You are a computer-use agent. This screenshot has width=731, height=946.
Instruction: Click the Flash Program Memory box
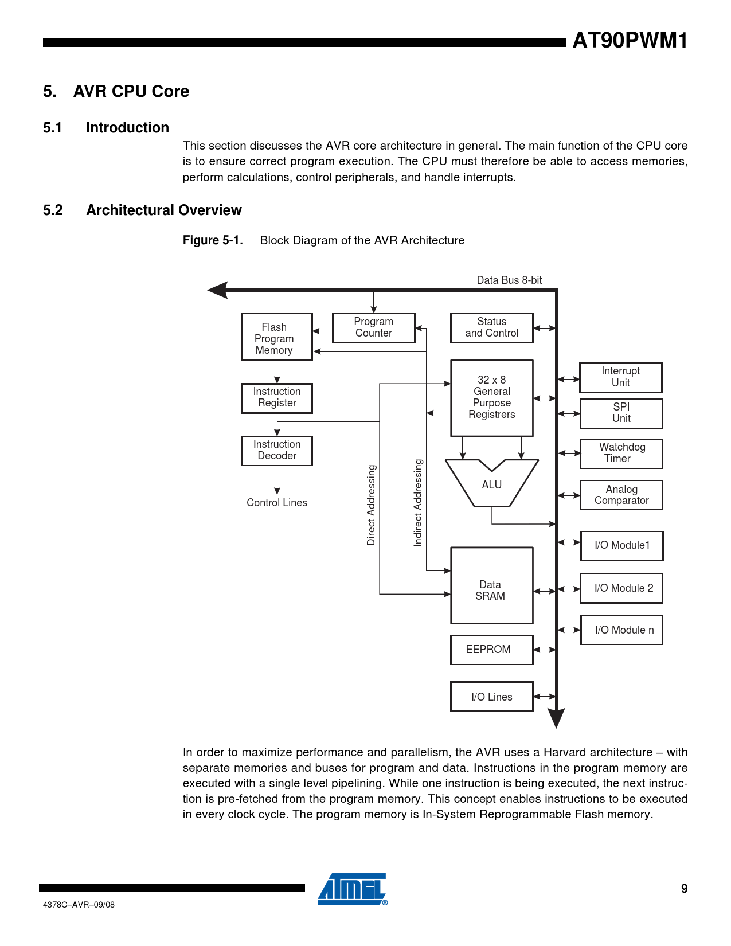pyautogui.click(x=277, y=337)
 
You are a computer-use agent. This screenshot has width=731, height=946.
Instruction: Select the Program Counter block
pyautogui.click(x=373, y=328)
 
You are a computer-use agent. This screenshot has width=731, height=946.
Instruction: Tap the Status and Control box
pyautogui.click(x=491, y=328)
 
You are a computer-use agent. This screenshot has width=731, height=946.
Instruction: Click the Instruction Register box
pyautogui.click(x=277, y=398)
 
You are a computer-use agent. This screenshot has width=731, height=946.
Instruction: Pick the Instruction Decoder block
pyautogui.click(x=277, y=451)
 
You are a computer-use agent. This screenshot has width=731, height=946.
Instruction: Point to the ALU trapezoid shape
pyautogui.click(x=492, y=484)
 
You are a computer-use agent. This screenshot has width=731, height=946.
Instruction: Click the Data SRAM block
pyautogui.click(x=491, y=585)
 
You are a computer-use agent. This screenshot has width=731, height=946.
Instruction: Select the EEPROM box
pyautogui.click(x=491, y=650)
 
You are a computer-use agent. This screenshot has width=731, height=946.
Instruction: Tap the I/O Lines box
pyautogui.click(x=491, y=697)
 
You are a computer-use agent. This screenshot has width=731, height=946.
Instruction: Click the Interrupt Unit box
pyautogui.click(x=621, y=377)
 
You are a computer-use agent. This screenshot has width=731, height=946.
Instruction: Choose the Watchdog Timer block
pyautogui.click(x=621, y=454)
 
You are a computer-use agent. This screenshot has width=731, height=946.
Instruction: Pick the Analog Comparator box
pyautogui.click(x=621, y=495)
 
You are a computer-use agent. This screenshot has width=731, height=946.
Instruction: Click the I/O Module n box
pyautogui.click(x=621, y=630)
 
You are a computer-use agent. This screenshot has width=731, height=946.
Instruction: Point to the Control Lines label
pyautogui.click(x=277, y=503)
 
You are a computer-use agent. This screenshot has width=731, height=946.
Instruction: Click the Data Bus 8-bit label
pyautogui.click(x=509, y=280)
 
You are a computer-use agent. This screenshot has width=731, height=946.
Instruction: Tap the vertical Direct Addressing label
pyautogui.click(x=372, y=505)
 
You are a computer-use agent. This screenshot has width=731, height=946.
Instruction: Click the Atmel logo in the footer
pyautogui.click(x=353, y=889)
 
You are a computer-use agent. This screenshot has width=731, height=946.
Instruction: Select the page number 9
pyautogui.click(x=684, y=889)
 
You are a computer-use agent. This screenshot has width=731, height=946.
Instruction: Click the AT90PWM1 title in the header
pyautogui.click(x=630, y=41)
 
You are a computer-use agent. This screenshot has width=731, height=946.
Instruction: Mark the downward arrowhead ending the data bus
pyautogui.click(x=556, y=718)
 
